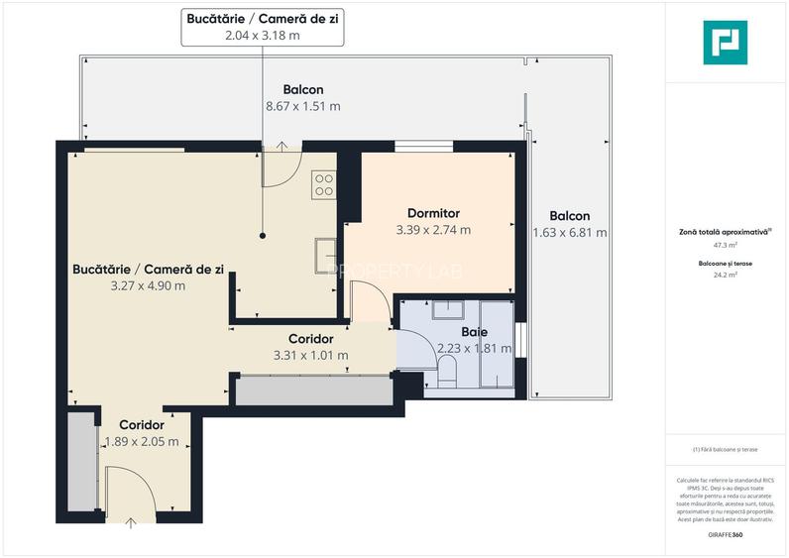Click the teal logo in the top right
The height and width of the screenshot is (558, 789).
[725, 43]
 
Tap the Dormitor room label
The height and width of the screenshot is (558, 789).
[433, 213]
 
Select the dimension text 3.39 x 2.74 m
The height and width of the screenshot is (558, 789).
[433, 229]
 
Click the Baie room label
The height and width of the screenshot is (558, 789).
[475, 332]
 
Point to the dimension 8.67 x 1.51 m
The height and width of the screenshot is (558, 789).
[302, 106]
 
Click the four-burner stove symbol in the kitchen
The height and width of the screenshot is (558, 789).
[323, 183]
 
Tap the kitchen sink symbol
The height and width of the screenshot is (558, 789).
[325, 255]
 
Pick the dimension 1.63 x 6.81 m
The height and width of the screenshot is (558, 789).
[569, 233]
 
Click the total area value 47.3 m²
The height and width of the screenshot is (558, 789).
[726, 244]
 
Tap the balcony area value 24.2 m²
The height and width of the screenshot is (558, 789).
[726, 276]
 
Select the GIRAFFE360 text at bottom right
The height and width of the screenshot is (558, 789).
[726, 535]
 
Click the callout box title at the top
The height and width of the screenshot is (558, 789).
[263, 18]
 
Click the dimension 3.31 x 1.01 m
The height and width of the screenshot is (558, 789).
[310, 355]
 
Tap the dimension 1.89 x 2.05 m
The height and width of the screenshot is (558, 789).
[142, 442]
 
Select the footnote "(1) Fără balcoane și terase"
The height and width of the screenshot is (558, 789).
[726, 449]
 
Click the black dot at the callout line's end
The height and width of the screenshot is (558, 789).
[263, 236]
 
